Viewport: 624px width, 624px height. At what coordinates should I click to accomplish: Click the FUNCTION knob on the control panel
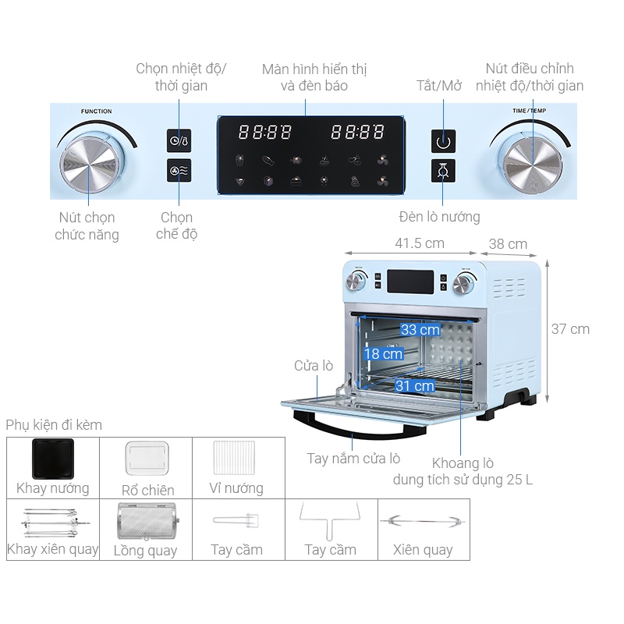coord(89,160)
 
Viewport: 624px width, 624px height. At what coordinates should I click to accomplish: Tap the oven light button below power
coord(444,171)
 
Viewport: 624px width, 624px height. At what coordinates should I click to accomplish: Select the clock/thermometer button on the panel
coord(179,140)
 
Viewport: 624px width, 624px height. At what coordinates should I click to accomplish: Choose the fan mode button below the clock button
coord(179,171)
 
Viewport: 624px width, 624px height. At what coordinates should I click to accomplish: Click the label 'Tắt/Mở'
coord(439,86)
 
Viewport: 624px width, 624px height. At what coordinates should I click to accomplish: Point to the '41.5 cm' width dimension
coord(420,243)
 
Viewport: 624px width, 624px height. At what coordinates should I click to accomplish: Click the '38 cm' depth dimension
coord(508,244)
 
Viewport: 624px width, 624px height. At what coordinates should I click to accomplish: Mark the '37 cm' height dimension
coord(570,329)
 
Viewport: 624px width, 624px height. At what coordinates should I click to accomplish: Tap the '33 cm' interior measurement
coord(420,329)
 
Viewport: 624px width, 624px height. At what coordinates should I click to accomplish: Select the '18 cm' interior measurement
coord(383,353)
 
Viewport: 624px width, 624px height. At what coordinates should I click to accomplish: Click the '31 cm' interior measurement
coord(414,385)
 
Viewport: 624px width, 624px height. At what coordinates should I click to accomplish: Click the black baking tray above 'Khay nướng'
coord(53,459)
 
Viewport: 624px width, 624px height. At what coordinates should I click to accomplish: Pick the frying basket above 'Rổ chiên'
coord(148,460)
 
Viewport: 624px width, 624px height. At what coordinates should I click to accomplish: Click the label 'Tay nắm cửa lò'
coord(353,459)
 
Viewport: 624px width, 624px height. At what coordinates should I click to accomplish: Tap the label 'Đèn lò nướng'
coord(439,217)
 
